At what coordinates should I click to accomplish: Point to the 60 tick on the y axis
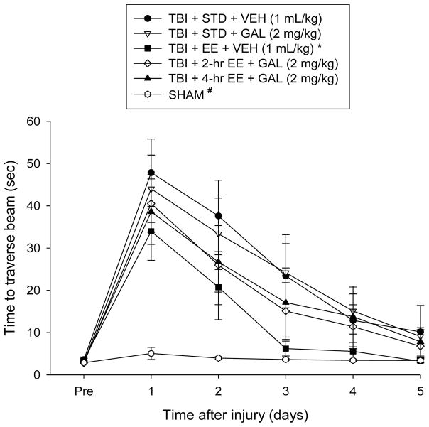50,121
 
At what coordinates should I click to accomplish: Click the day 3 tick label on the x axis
286,390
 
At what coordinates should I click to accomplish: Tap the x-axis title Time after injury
251,416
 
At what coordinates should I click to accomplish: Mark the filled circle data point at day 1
151,173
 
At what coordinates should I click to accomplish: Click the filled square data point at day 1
151,231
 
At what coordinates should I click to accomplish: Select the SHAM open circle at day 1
151,353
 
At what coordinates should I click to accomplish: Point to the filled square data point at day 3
286,349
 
